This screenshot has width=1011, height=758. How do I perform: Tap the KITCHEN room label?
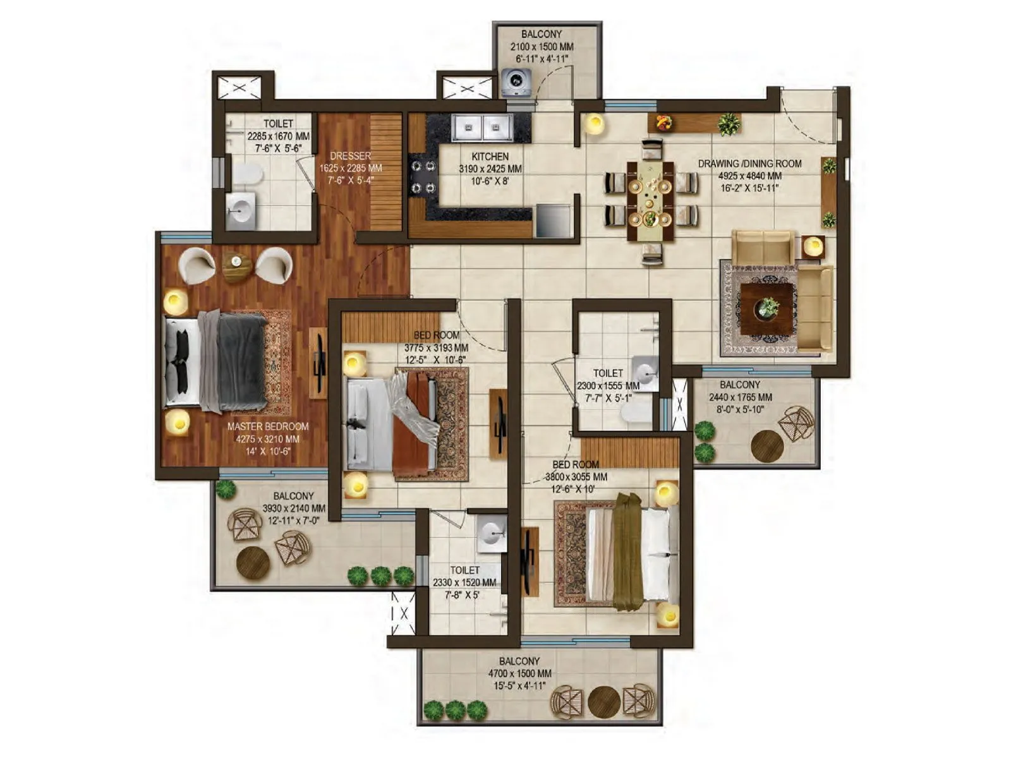(490, 156)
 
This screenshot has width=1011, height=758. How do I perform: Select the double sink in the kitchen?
(482, 128)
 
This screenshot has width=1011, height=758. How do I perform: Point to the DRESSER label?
(351, 155)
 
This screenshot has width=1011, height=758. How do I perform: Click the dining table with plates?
(650, 202)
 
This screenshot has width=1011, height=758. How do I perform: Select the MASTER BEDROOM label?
(268, 426)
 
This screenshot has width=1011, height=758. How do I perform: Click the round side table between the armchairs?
(236, 267)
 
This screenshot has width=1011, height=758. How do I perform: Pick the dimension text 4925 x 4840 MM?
(750, 176)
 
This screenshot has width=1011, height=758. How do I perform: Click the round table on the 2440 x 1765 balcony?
(767, 446)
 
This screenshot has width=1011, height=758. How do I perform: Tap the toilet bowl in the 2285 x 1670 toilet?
(247, 174)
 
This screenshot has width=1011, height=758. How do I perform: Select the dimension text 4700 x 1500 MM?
(519, 674)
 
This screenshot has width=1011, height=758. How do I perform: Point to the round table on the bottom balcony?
(603, 702)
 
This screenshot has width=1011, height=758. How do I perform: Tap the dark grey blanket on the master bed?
(241, 362)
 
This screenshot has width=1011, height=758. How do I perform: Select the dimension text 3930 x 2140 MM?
(294, 508)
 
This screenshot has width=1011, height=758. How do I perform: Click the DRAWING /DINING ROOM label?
(749, 164)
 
